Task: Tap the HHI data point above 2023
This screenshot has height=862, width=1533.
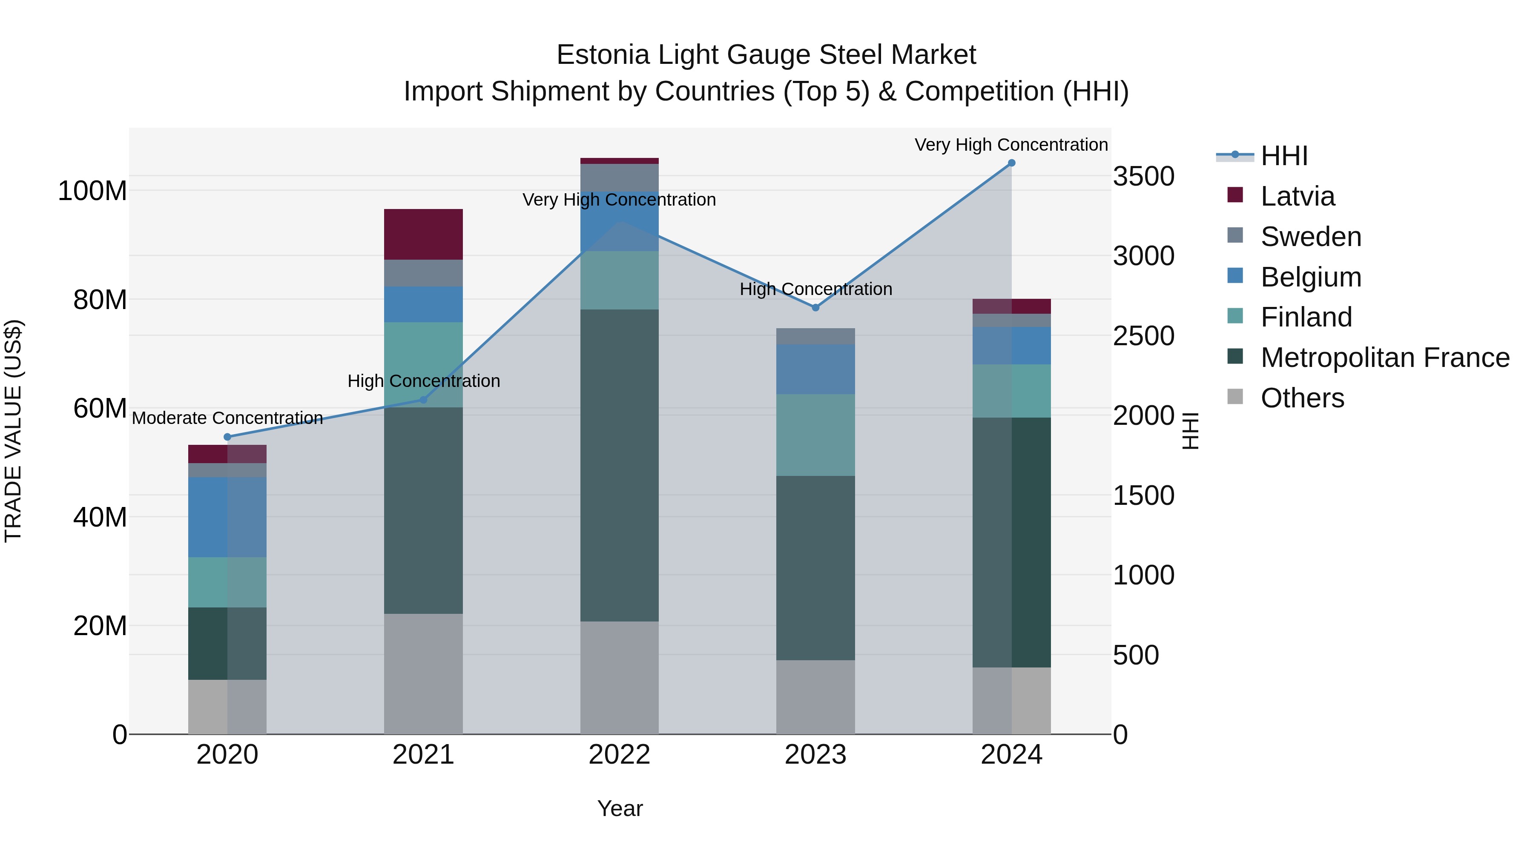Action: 815,308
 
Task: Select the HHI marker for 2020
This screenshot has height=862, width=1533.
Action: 227,437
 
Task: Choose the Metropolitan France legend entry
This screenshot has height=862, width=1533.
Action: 1384,358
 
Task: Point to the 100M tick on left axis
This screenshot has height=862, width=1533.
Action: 92,191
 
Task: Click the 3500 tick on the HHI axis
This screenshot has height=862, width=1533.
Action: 1143,177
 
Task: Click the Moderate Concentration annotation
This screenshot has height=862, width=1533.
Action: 227,418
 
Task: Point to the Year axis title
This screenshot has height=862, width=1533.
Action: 620,808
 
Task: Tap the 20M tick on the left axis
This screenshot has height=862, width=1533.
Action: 100,626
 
